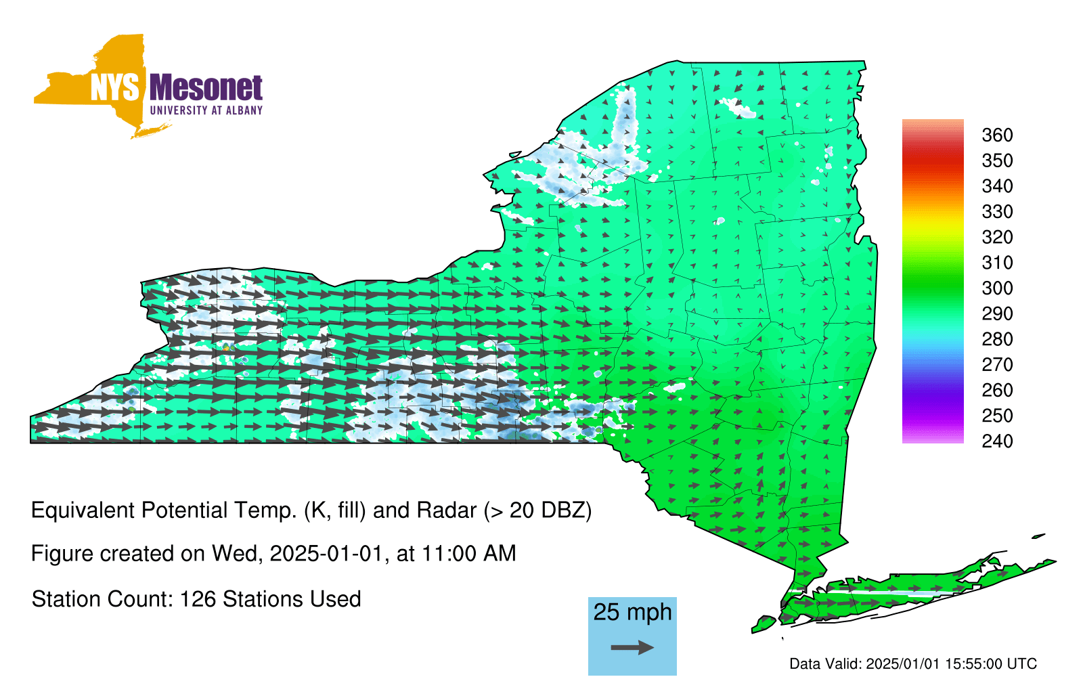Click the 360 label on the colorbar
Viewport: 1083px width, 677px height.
click(997, 135)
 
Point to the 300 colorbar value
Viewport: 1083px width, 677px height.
click(997, 288)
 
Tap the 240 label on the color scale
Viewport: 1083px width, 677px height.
click(997, 441)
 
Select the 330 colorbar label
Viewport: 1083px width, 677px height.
click(997, 211)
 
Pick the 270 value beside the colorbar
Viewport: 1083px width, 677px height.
click(997, 365)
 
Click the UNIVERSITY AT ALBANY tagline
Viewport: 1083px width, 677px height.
click(206, 110)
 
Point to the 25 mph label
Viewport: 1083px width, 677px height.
click(632, 613)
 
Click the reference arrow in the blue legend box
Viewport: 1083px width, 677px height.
click(632, 647)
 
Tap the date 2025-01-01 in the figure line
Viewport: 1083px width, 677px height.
click(326, 554)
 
